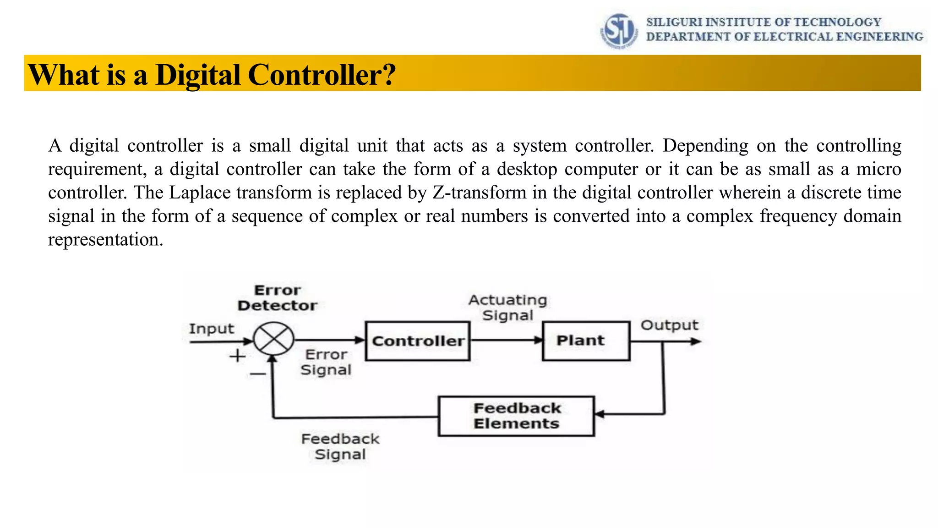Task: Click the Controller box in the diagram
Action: (418, 341)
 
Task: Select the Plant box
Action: (586, 341)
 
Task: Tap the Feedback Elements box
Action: (516, 416)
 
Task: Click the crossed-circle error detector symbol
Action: (274, 339)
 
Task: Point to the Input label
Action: (211, 329)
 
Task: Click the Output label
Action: (669, 325)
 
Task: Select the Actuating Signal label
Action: (507, 308)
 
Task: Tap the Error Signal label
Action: (326, 362)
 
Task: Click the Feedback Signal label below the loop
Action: (340, 446)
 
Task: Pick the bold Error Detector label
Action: (277, 298)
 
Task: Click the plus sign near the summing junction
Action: (237, 356)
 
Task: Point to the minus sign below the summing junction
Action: (257, 374)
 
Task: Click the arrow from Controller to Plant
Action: (506, 341)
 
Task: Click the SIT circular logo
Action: (619, 30)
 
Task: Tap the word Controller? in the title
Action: (322, 74)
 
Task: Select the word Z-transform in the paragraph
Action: (479, 192)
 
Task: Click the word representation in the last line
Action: (105, 239)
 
